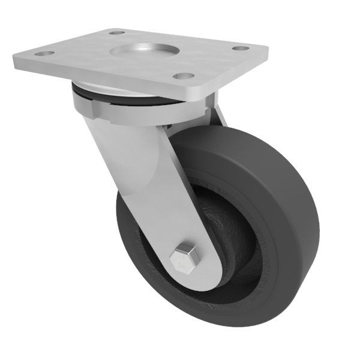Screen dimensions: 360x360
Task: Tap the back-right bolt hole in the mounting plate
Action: (240, 48)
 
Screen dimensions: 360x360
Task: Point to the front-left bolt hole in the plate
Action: (42, 54)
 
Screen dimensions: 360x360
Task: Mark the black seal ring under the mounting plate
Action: (120, 94)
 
